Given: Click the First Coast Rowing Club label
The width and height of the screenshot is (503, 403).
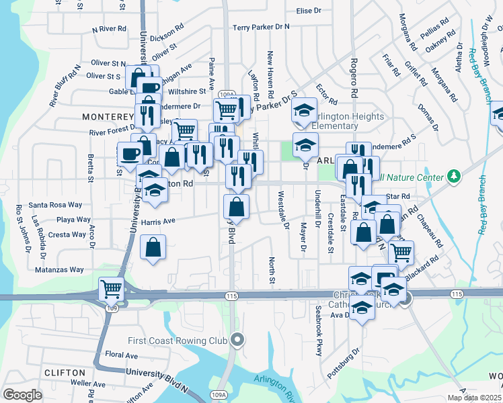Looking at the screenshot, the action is pos(178,341).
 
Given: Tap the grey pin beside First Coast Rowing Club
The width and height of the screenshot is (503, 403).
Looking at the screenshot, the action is pos(237,341).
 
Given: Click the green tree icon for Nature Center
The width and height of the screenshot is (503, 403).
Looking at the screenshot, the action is pos(455,176).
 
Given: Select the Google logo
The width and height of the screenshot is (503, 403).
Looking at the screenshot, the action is pos(22,395).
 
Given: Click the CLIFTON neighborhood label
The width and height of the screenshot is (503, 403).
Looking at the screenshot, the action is pos(65,372).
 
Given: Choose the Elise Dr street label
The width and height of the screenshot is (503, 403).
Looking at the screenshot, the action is pos(309,11).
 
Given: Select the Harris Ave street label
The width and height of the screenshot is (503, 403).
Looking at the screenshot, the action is pos(158,220).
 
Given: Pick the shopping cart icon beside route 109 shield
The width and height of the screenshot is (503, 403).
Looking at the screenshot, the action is pos(112,289).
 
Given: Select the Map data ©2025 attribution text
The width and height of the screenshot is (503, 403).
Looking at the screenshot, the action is pos(473,398).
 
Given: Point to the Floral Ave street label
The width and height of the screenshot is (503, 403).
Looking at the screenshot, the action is pos(121,355).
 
